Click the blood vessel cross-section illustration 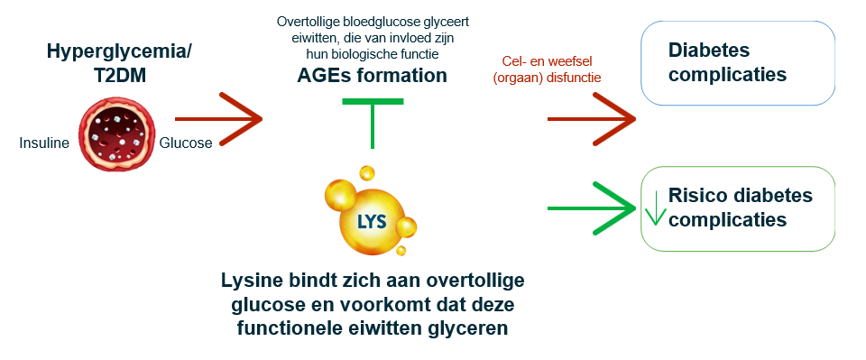tap(115, 134)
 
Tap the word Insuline tap(44, 143)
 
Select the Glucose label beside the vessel tap(186, 143)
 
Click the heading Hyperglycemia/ tap(120, 52)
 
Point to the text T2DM tap(120, 76)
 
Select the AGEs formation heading tap(372, 76)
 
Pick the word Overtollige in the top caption tap(307, 20)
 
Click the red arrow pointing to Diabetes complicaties tap(591, 118)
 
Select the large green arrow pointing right tap(591, 208)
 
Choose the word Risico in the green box tap(696, 195)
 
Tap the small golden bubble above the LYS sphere tap(366, 172)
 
